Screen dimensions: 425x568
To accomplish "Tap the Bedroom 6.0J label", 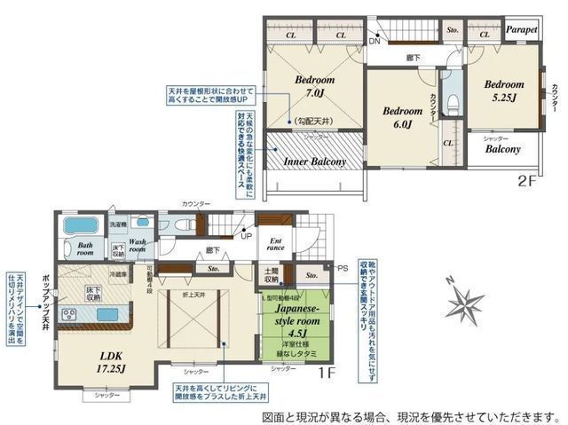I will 402,118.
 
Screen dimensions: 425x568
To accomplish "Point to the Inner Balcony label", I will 313,162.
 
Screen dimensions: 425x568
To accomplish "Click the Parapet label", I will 521,29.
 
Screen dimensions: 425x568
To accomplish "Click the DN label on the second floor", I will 375,41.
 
